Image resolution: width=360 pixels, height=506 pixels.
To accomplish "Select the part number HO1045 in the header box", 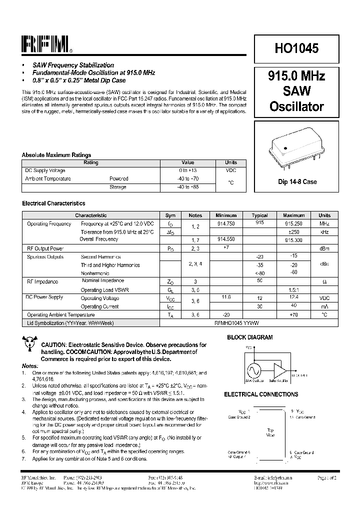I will (x=296, y=48).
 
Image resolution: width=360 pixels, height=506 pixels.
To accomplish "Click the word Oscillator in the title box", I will (x=296, y=106).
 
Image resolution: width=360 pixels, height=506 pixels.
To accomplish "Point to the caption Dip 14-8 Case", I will (x=297, y=182).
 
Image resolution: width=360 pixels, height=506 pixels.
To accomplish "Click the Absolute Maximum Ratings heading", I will (x=56, y=155).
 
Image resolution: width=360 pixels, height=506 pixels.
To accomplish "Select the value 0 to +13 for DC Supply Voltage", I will (x=187, y=170).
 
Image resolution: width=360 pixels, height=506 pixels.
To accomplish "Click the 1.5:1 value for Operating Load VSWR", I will (x=294, y=290).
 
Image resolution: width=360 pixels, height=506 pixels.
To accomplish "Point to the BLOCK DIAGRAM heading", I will (x=250, y=337).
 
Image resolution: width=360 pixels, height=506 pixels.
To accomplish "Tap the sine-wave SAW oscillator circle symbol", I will (x=252, y=370).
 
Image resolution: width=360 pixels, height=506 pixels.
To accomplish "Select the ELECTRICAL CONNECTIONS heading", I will (x=261, y=394).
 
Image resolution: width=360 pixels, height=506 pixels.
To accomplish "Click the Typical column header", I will (x=259, y=215).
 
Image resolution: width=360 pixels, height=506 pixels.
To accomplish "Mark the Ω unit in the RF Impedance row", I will (x=324, y=282).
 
